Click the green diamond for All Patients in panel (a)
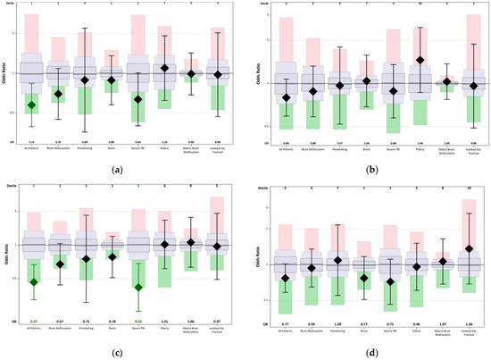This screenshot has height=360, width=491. [x=31, y=105]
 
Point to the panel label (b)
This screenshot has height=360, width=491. [x=370, y=169]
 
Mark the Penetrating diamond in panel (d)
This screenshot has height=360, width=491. [x=337, y=261]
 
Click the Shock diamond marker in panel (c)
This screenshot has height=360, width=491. [x=112, y=256]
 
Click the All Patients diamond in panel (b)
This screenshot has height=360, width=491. [x=286, y=97]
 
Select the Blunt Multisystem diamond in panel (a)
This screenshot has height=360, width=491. [x=59, y=93]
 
